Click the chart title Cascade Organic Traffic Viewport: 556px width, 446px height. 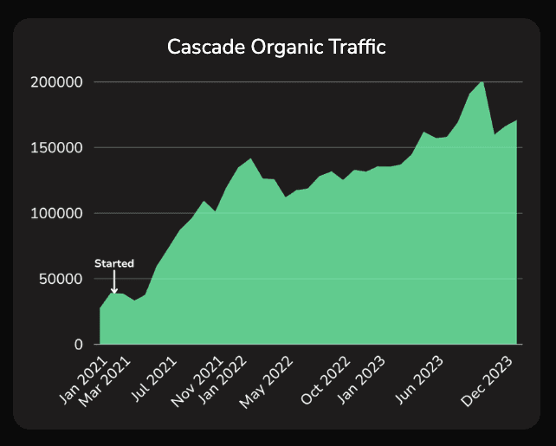pyautogui.click(x=277, y=48)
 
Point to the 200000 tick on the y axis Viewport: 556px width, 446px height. pyautogui.click(x=56, y=82)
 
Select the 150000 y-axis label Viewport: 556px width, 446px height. pyautogui.click(x=56, y=148)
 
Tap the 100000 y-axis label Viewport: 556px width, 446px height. pyautogui.click(x=56, y=213)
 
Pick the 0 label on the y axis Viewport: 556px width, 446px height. pyautogui.click(x=78, y=345)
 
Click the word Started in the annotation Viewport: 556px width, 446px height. pyautogui.click(x=114, y=262)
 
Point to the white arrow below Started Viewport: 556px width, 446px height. pyautogui.click(x=114, y=281)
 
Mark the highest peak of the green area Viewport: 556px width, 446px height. pyautogui.click(x=482, y=82)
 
